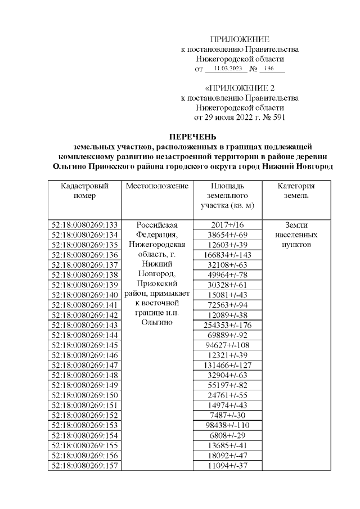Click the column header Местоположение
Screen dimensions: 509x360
pyautogui.click(x=157, y=186)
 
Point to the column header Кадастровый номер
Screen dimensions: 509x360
pyautogui.click(x=84, y=191)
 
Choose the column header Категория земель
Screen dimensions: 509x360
pyautogui.click(x=296, y=191)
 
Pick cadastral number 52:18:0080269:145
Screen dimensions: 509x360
pyautogui.click(x=84, y=345)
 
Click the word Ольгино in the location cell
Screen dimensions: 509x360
pyautogui.click(x=157, y=325)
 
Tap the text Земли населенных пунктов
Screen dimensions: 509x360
pyautogui.click(x=296, y=235)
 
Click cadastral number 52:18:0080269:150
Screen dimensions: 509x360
pyautogui.click(x=84, y=395)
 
